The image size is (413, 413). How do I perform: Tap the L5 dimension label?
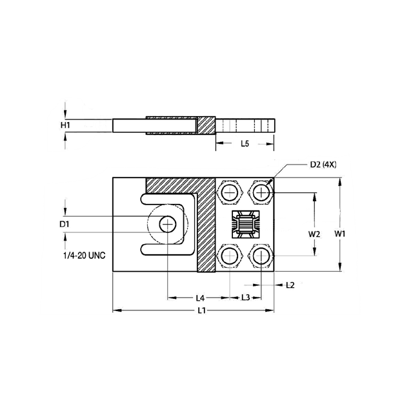click(245, 143)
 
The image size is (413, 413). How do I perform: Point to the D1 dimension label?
click(64, 223)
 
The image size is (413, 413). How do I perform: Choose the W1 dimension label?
click(339, 234)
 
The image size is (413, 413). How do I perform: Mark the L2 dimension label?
click(290, 285)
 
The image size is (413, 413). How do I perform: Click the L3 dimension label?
click(246, 297)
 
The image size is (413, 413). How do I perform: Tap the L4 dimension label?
click(200, 297)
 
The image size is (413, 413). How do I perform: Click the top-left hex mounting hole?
click(230, 192)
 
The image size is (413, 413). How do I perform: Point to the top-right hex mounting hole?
click(261, 192)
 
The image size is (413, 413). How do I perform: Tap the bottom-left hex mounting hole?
click(230, 257)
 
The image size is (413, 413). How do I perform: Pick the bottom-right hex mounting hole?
click(261, 257)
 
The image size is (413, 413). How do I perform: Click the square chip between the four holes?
click(245, 225)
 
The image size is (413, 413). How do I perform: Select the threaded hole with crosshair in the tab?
click(168, 223)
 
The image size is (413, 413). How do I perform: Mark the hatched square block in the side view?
click(205, 124)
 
